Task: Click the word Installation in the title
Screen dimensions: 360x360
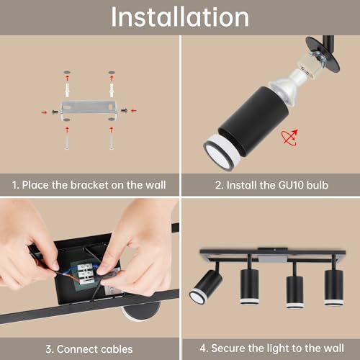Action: [179, 17]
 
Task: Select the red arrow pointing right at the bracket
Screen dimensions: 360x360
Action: [43, 112]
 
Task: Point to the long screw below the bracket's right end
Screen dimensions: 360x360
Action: [112, 141]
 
